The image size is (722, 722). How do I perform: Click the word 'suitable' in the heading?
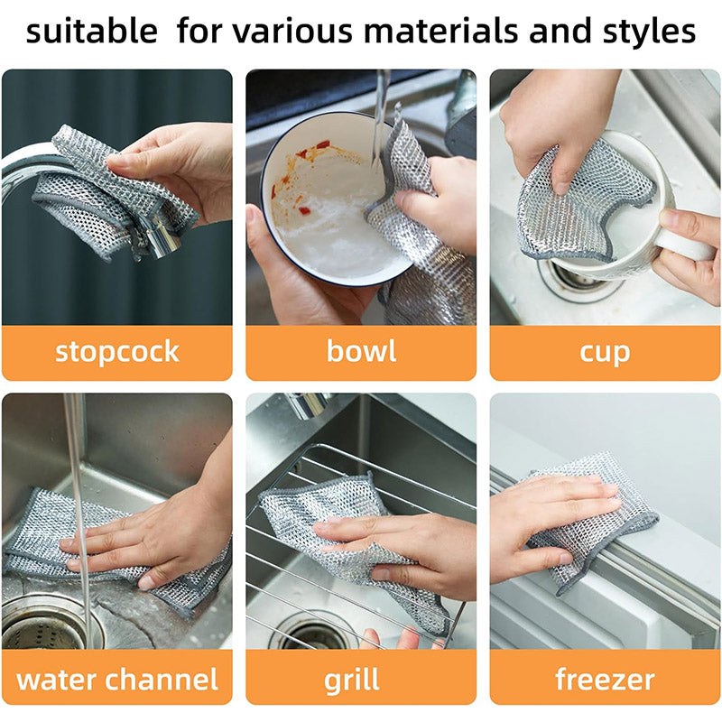[x=91, y=32]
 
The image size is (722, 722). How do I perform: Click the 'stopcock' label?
[x=117, y=351]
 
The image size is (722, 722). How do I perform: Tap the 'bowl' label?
[x=361, y=351]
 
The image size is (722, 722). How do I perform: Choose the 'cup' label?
[x=605, y=351]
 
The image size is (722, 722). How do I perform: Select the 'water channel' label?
[x=117, y=679]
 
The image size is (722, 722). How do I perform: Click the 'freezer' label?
[x=605, y=679]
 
